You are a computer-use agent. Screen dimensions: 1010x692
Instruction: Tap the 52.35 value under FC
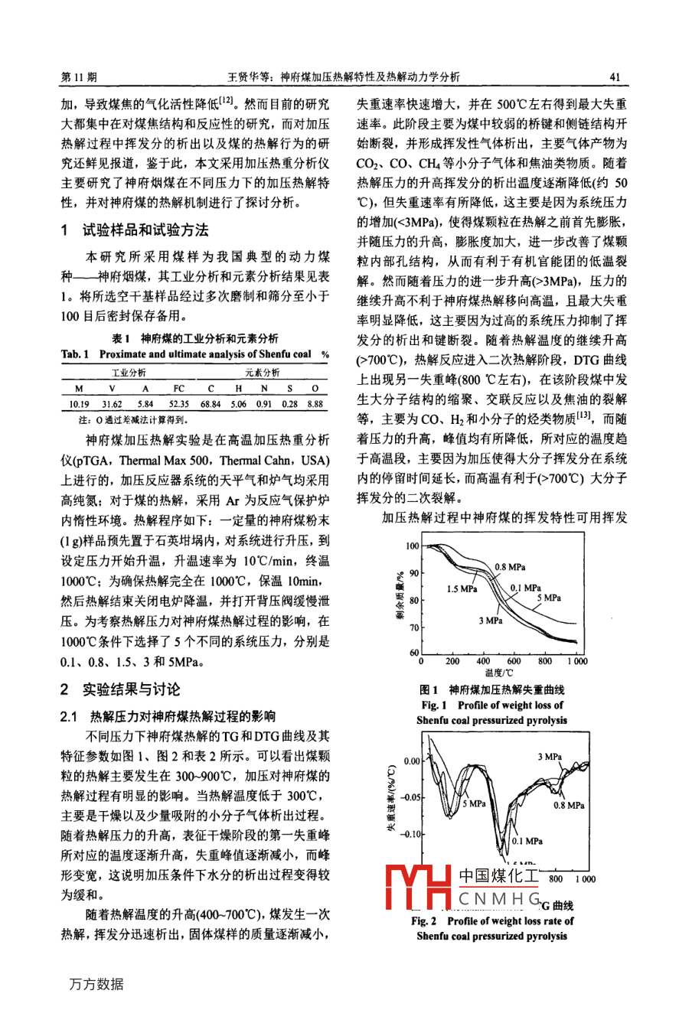[x=179, y=404]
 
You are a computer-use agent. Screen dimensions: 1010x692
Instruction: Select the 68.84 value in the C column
[x=211, y=404]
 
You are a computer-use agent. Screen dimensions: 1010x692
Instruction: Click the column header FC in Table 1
[x=179, y=388]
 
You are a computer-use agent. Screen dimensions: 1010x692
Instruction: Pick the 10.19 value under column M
[x=79, y=404]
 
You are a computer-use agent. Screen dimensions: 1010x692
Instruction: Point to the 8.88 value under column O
[x=315, y=404]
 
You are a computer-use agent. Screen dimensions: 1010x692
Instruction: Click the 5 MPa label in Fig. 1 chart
[x=548, y=598]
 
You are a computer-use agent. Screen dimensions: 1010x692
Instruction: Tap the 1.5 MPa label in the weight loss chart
[x=462, y=589]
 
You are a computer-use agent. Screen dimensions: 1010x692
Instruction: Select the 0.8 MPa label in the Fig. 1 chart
[x=510, y=567]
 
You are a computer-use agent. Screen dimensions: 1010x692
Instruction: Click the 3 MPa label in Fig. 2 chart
[x=549, y=757]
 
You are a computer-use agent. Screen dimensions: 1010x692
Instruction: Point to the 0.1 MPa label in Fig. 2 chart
[x=527, y=841]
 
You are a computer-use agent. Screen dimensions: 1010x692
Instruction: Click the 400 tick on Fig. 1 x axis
[x=483, y=661]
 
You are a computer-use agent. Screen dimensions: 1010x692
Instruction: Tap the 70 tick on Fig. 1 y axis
[x=414, y=627]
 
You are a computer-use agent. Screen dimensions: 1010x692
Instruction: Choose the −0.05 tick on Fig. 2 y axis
[x=411, y=797]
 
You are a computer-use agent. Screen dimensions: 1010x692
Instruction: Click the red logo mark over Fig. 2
[x=419, y=888]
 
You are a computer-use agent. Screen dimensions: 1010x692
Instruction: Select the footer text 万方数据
[x=96, y=984]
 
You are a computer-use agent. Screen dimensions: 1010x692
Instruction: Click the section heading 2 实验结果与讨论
[x=120, y=689]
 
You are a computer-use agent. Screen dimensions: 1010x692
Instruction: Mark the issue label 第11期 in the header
[x=79, y=77]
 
